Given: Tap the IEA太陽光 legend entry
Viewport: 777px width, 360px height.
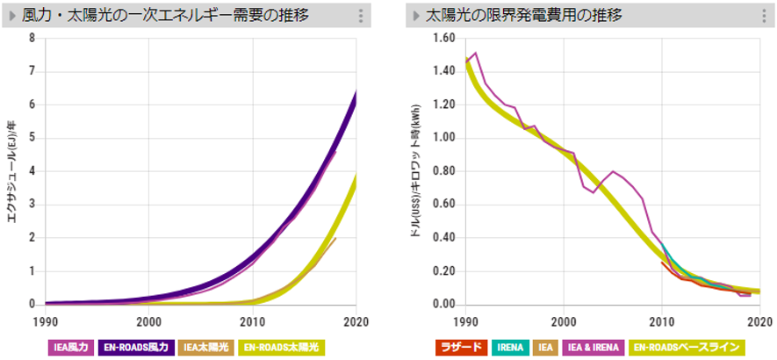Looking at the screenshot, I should click(207, 347).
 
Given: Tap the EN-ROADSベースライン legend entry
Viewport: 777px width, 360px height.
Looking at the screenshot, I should click(687, 347).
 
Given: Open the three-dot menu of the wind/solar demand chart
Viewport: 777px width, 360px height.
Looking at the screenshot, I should click(361, 16).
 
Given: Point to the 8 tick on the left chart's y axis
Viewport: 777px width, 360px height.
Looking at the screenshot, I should click(32, 38).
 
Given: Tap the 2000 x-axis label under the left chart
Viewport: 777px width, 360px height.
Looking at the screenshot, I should click(148, 321).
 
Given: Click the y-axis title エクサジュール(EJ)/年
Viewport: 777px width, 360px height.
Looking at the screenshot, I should click(13, 171).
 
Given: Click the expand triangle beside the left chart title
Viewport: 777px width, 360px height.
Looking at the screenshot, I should click(12, 16).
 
